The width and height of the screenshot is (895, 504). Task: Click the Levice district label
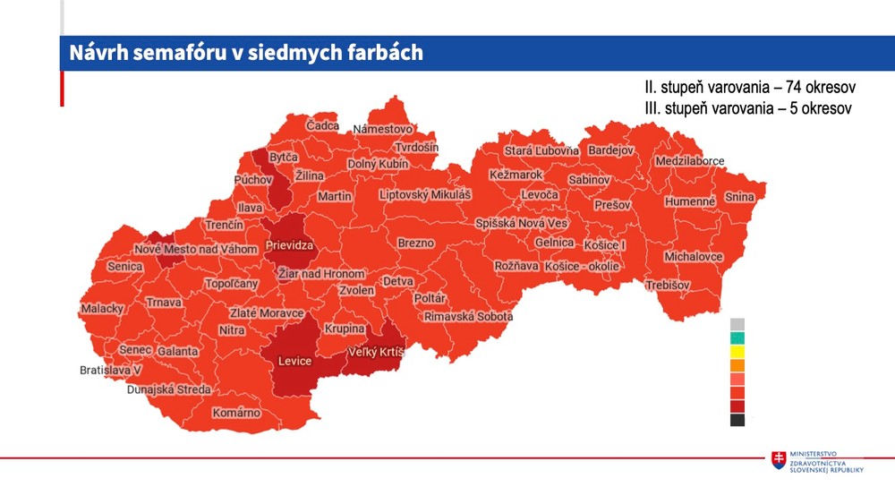click(x=294, y=361)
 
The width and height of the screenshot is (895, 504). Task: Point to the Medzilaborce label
click(x=689, y=161)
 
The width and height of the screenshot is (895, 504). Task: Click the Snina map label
click(x=739, y=197)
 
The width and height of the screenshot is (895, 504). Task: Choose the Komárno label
click(x=236, y=413)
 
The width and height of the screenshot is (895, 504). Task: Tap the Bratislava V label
click(x=111, y=370)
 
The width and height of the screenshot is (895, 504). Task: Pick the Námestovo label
click(x=382, y=130)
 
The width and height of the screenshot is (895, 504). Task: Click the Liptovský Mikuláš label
click(x=425, y=194)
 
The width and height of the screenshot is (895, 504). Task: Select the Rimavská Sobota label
click(x=468, y=317)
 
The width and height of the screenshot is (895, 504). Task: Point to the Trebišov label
click(x=669, y=285)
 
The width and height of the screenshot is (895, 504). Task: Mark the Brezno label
click(x=416, y=243)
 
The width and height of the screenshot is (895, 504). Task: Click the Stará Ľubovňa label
click(x=541, y=150)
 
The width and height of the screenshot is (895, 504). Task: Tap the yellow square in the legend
click(x=737, y=352)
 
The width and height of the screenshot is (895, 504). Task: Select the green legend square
click(x=737, y=338)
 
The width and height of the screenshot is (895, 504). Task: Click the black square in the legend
click(x=737, y=420)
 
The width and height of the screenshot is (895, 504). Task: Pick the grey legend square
click(x=737, y=324)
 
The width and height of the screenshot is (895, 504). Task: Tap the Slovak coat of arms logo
click(x=780, y=459)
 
